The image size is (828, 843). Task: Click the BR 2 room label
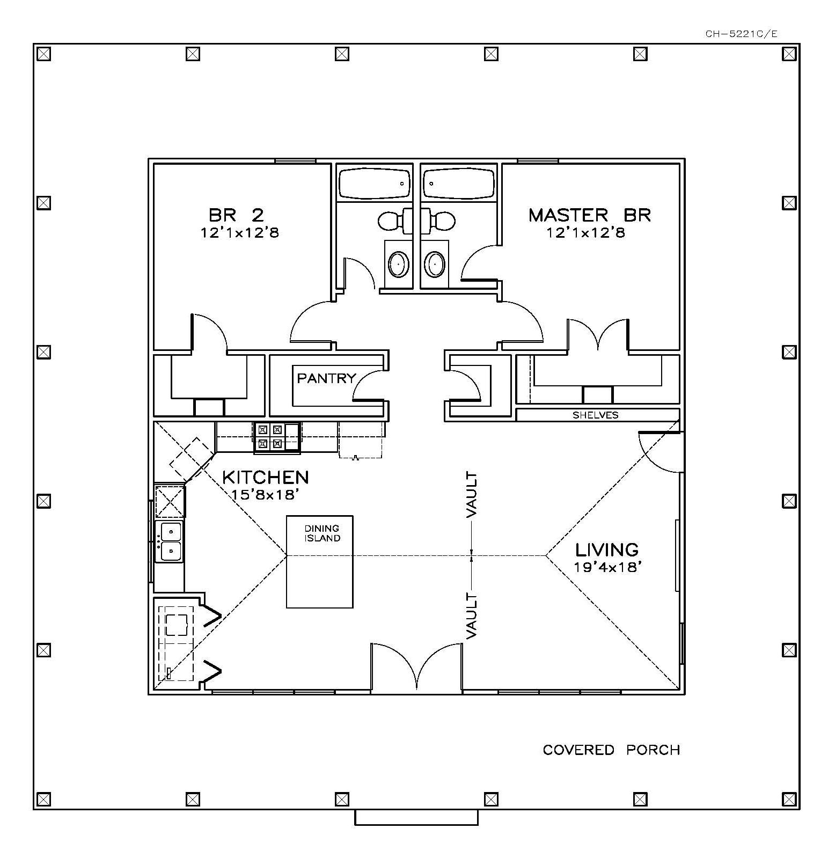coord(236,215)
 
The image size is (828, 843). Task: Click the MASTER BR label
coord(589,215)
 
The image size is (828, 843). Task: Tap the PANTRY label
coord(326,378)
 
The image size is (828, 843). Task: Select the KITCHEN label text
coord(265,477)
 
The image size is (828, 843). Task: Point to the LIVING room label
coord(607,549)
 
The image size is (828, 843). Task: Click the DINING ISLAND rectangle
coord(320,562)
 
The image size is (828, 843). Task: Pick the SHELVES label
coord(595,415)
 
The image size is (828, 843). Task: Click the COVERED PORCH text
coord(611,750)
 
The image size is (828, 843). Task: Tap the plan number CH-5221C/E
coord(741,34)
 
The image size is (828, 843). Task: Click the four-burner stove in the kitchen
coord(270,436)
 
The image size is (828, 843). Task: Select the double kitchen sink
coord(169,541)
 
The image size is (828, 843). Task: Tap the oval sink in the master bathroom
coord(434,264)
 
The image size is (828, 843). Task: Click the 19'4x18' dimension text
coord(608,567)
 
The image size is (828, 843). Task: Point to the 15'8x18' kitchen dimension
coord(265,494)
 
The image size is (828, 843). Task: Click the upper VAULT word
coord(472,495)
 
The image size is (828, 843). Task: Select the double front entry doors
coord(416,668)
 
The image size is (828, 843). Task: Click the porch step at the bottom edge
coord(416,817)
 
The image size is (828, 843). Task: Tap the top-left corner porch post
coord(44,54)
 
